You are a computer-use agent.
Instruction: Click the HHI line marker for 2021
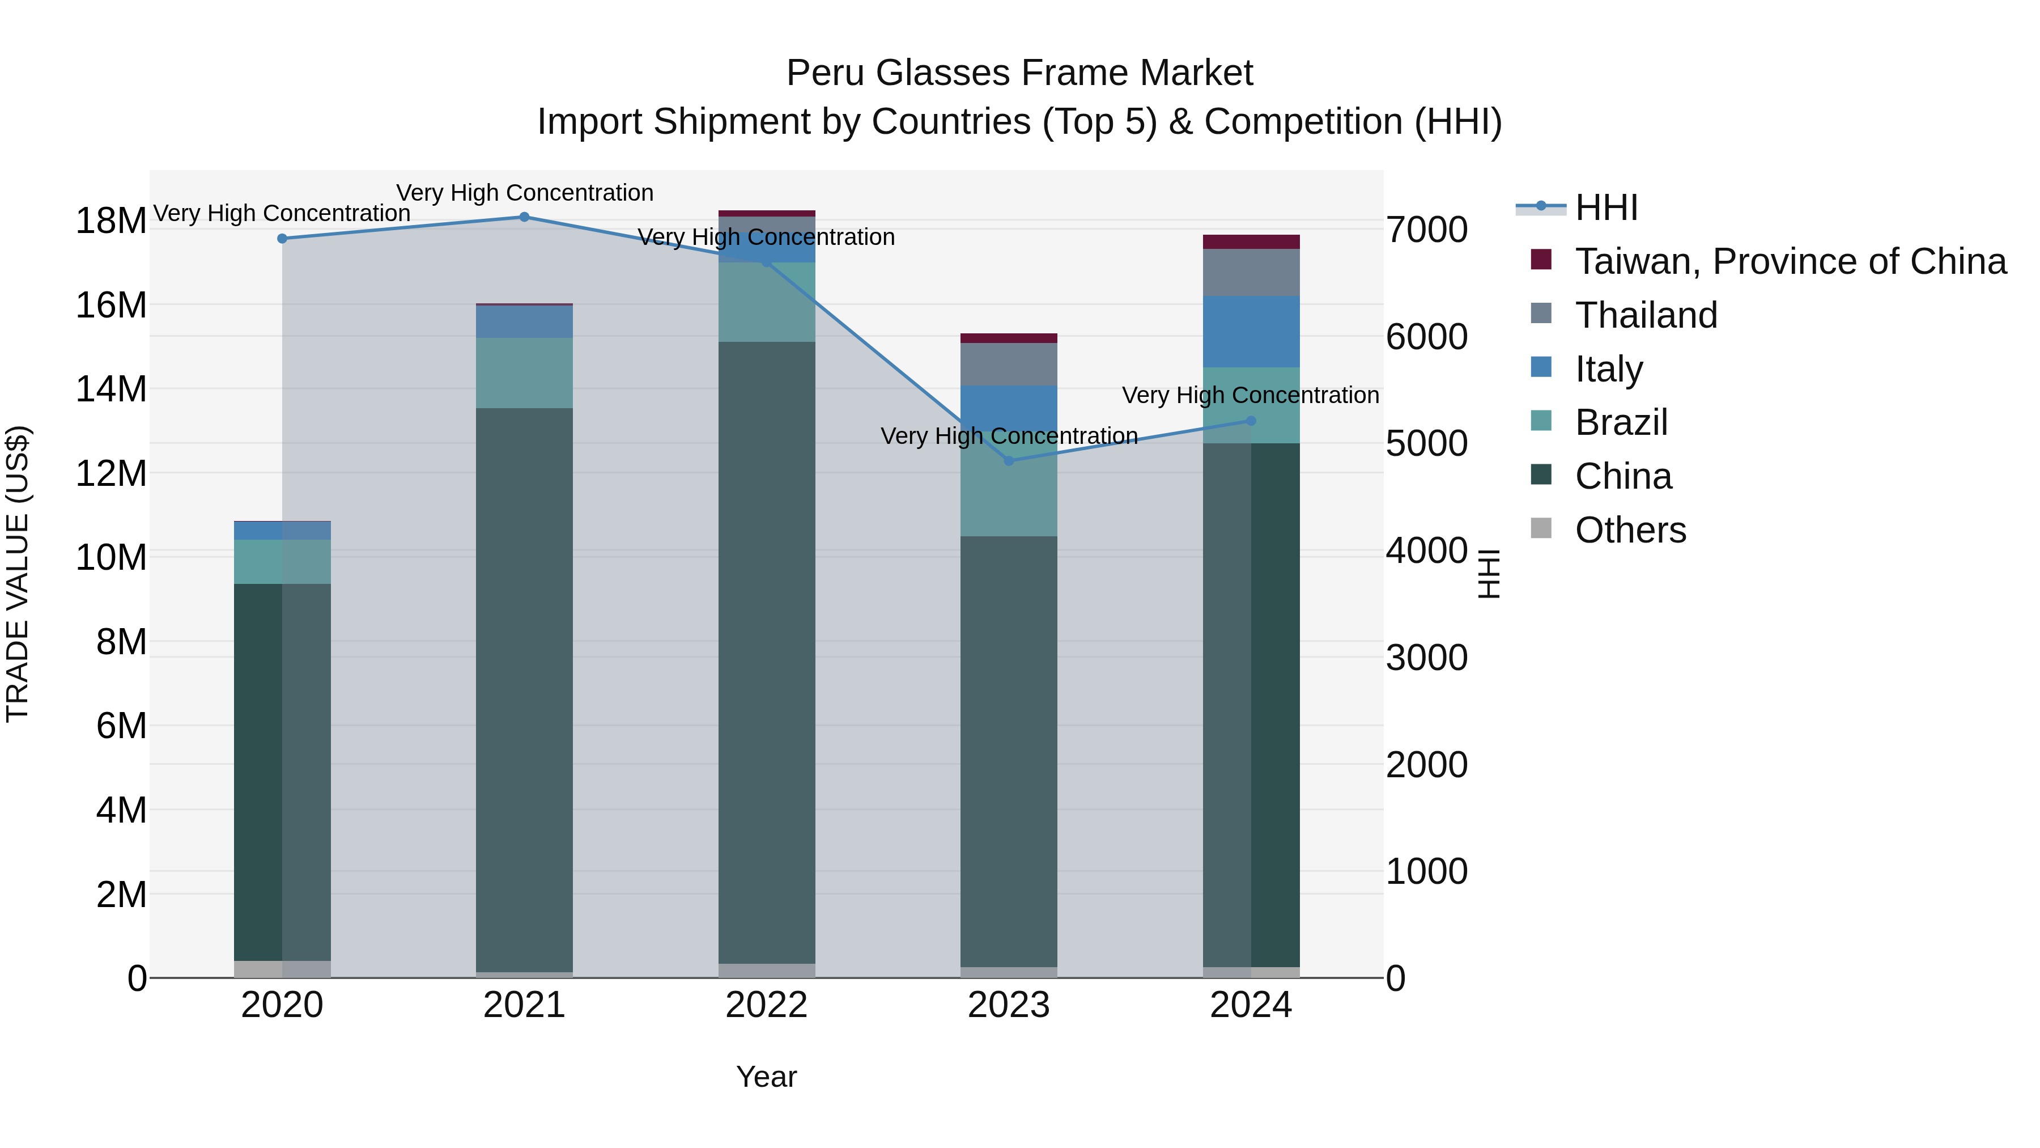click(x=524, y=217)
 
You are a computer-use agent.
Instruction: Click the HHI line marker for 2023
click(x=1008, y=461)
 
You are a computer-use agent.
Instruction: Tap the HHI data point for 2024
click(x=1251, y=421)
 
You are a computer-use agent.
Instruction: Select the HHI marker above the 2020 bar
click(x=282, y=239)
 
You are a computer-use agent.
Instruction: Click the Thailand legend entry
click(x=1646, y=315)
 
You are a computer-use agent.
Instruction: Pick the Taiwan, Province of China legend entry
click(x=1790, y=261)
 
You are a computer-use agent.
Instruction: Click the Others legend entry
click(x=1630, y=530)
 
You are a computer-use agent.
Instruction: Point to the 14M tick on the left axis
click(x=111, y=389)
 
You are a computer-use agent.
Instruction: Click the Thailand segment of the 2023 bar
click(x=1008, y=365)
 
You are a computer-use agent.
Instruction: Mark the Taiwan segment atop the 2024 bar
click(x=1251, y=242)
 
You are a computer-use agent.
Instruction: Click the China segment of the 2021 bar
click(x=524, y=689)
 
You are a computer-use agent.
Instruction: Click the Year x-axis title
click(x=766, y=1077)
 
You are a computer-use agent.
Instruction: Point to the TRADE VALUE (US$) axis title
click(x=18, y=574)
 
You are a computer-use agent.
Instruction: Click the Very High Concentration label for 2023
click(x=1008, y=436)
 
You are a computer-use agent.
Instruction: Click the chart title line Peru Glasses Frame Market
click(x=1019, y=73)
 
